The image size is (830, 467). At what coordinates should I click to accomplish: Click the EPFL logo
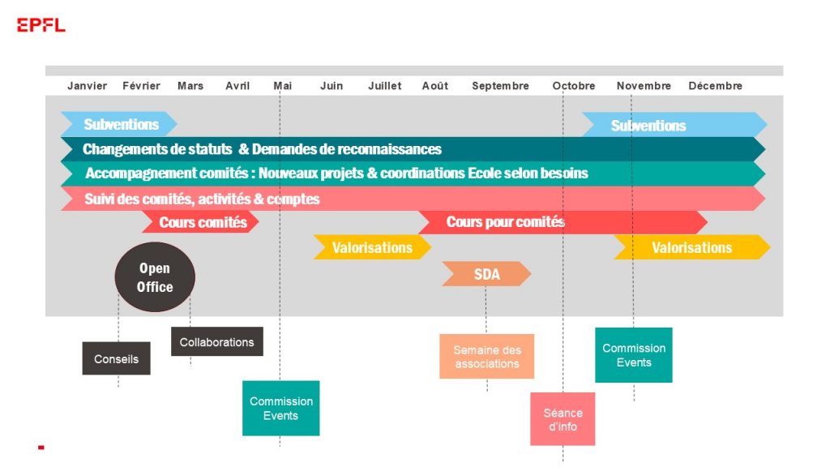click(x=41, y=25)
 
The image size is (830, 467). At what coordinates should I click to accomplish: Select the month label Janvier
click(x=87, y=86)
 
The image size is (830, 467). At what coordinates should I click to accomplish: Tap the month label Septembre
click(x=500, y=86)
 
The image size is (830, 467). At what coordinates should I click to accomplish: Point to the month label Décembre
click(x=715, y=86)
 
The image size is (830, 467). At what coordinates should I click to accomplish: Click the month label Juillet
click(x=385, y=86)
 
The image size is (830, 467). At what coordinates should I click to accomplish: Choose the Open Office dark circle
click(x=155, y=277)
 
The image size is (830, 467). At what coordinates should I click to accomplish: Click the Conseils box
click(x=116, y=358)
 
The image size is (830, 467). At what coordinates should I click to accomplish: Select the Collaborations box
click(x=216, y=341)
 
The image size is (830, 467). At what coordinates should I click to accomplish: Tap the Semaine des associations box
click(x=486, y=357)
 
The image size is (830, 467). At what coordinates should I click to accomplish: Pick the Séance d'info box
click(x=563, y=419)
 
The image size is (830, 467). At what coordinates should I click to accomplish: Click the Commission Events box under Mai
click(x=280, y=409)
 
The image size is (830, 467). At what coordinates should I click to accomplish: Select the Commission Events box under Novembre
click(x=634, y=355)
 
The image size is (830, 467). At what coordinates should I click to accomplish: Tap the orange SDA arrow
click(x=486, y=274)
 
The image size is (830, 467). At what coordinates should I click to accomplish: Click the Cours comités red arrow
click(x=201, y=222)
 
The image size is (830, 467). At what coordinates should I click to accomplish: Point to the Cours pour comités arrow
click(x=563, y=222)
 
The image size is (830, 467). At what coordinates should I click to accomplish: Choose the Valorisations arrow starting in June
click(x=372, y=247)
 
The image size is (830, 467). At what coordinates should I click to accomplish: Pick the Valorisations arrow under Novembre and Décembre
click(x=692, y=247)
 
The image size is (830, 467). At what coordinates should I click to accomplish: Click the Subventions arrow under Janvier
click(x=119, y=124)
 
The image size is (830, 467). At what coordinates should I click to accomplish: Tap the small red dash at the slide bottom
click(x=41, y=448)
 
